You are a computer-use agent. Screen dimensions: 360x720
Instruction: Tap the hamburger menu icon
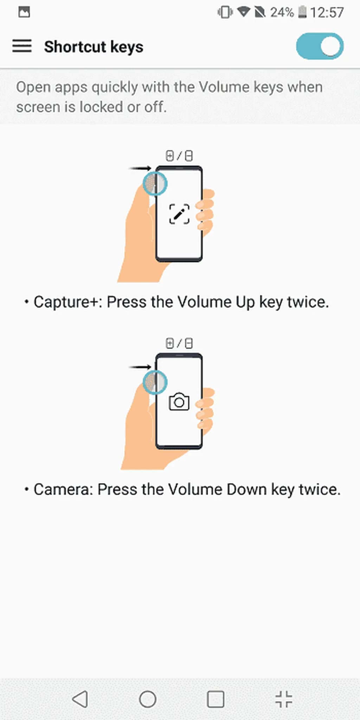pyautogui.click(x=22, y=46)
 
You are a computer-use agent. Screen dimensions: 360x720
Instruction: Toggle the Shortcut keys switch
pyautogui.click(x=320, y=46)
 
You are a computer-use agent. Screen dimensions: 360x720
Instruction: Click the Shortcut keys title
pyautogui.click(x=94, y=47)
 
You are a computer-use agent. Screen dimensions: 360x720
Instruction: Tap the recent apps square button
pyautogui.click(x=216, y=699)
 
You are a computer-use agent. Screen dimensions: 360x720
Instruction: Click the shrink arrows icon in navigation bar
pyautogui.click(x=284, y=699)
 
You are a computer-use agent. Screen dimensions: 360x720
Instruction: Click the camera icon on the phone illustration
pyautogui.click(x=179, y=402)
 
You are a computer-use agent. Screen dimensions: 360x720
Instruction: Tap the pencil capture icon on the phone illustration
pyautogui.click(x=179, y=214)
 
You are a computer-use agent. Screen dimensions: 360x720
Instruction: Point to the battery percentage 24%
pyautogui.click(x=282, y=13)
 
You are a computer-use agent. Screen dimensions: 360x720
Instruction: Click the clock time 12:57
pyautogui.click(x=327, y=13)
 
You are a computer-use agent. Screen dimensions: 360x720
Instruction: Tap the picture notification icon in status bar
pyautogui.click(x=24, y=12)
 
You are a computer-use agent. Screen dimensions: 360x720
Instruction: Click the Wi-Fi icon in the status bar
pyautogui.click(x=243, y=12)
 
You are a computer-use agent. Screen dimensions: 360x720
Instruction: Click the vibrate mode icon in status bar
pyautogui.click(x=225, y=12)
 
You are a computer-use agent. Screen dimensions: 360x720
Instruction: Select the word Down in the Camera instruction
pyautogui.click(x=246, y=489)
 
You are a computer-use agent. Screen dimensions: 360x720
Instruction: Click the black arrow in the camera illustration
pyautogui.click(x=140, y=367)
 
